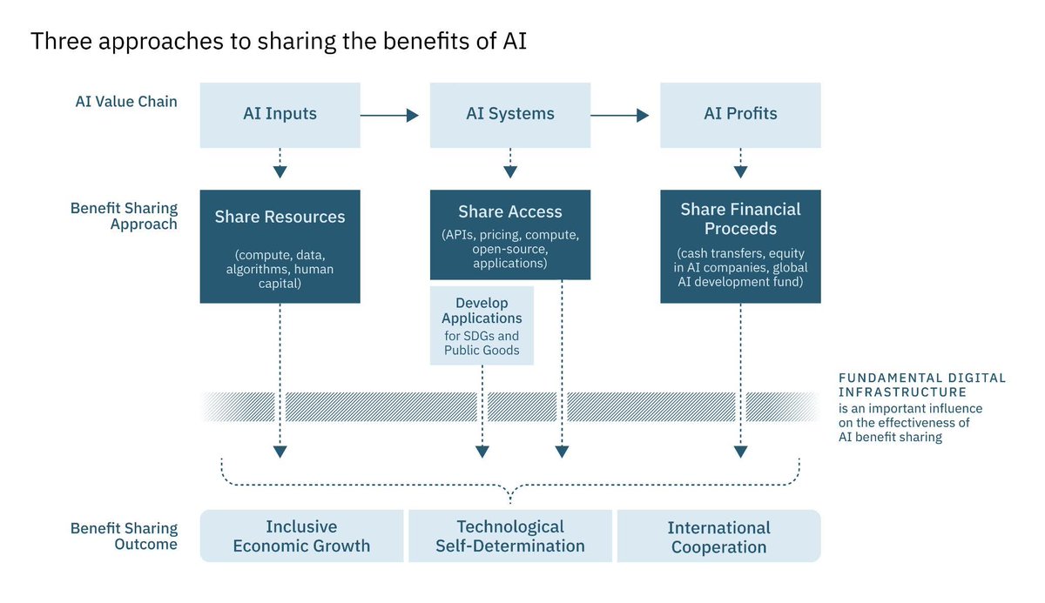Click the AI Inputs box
280,114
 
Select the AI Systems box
509,114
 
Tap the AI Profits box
740,114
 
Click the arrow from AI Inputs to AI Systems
389,115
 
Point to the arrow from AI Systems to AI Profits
619,115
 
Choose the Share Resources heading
280,218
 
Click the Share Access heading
509,212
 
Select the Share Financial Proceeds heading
740,219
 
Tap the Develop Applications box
482,325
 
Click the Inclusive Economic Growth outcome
301,536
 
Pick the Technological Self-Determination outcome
510,536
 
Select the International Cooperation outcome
718,537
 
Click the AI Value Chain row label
126,102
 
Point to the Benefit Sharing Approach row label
124,216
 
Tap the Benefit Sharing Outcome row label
124,536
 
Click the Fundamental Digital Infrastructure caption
921,385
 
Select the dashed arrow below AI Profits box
740,163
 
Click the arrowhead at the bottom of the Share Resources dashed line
280,452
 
